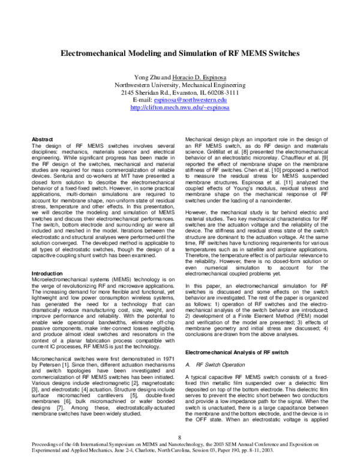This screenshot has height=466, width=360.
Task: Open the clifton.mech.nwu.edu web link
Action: point(180,109)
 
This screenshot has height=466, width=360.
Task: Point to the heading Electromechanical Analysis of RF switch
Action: point(240,350)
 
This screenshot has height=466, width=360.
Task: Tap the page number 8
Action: point(180,436)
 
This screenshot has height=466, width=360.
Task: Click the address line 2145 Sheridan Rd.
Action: point(180,93)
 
